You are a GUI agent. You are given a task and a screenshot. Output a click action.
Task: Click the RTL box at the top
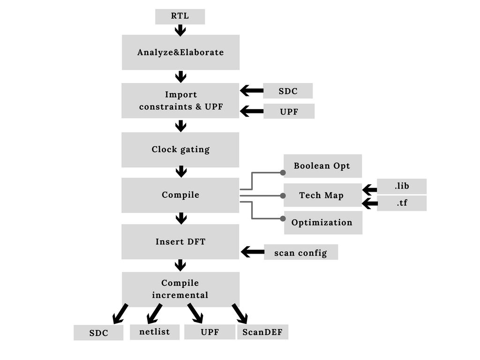(x=180, y=16)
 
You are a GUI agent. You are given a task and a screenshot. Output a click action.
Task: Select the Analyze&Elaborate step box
(x=180, y=52)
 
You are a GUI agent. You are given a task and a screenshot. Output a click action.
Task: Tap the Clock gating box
(x=180, y=150)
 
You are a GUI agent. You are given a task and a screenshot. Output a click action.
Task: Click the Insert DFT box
(x=180, y=242)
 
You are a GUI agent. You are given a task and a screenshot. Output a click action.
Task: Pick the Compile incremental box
(x=180, y=289)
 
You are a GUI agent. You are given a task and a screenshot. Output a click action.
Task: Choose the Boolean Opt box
(x=322, y=166)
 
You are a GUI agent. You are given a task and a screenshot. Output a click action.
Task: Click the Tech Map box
(x=322, y=195)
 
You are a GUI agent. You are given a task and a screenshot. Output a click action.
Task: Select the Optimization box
(x=322, y=223)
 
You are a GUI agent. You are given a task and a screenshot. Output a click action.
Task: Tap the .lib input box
(x=402, y=186)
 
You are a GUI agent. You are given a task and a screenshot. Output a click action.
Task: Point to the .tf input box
(x=402, y=203)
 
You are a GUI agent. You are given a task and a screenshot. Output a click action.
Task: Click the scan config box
(x=301, y=252)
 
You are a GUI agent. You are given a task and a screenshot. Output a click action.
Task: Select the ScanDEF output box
(x=262, y=332)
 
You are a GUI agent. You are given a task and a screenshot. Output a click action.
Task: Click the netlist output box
(x=155, y=332)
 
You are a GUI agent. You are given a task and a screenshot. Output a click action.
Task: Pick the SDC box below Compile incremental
(x=98, y=333)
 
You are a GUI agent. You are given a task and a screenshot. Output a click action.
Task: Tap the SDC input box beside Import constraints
(x=288, y=91)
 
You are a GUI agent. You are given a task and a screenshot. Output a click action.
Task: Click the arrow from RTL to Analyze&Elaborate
(x=180, y=30)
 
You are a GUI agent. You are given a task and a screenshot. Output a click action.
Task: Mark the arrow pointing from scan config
(x=252, y=252)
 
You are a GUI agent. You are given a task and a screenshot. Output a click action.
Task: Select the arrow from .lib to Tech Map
(x=369, y=190)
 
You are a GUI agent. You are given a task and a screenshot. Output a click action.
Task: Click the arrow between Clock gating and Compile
(x=181, y=172)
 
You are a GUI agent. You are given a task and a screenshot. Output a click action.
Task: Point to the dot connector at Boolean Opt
(x=283, y=172)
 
